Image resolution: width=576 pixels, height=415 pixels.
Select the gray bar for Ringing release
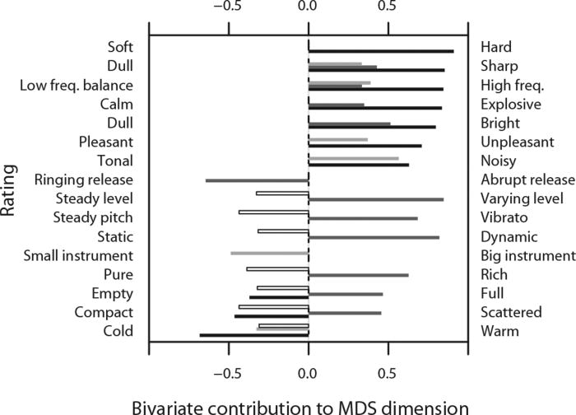(257, 180)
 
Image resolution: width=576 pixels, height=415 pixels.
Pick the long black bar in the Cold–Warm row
(254, 335)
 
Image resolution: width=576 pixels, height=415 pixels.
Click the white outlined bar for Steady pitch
(274, 212)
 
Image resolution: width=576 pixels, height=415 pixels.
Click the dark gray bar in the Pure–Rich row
(358, 275)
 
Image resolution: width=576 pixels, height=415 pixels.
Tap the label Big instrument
(527, 256)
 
